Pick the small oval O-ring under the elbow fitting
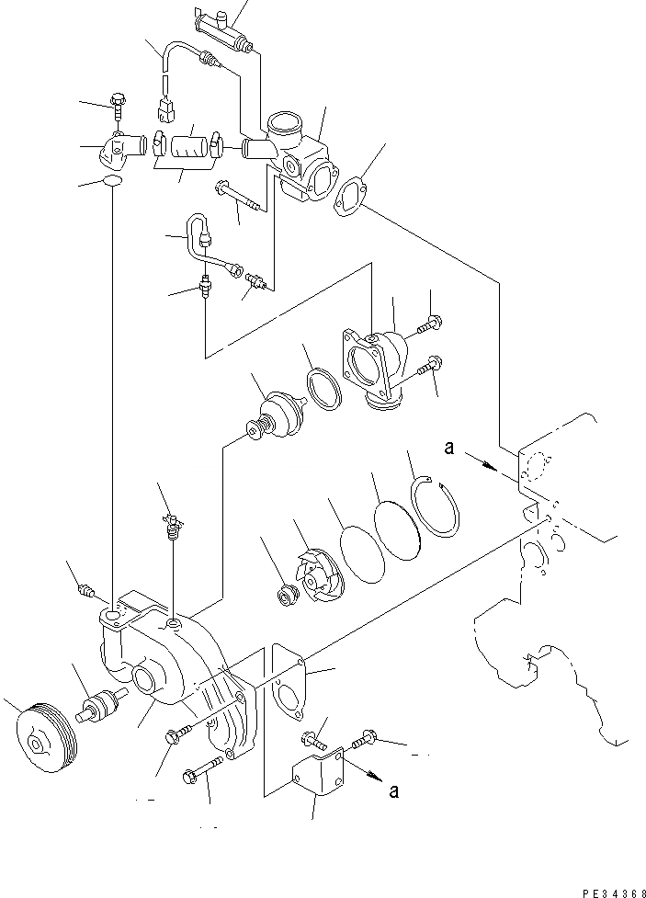[x=113, y=182]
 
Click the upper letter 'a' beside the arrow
[x=450, y=448]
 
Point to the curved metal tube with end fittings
[x=207, y=243]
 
